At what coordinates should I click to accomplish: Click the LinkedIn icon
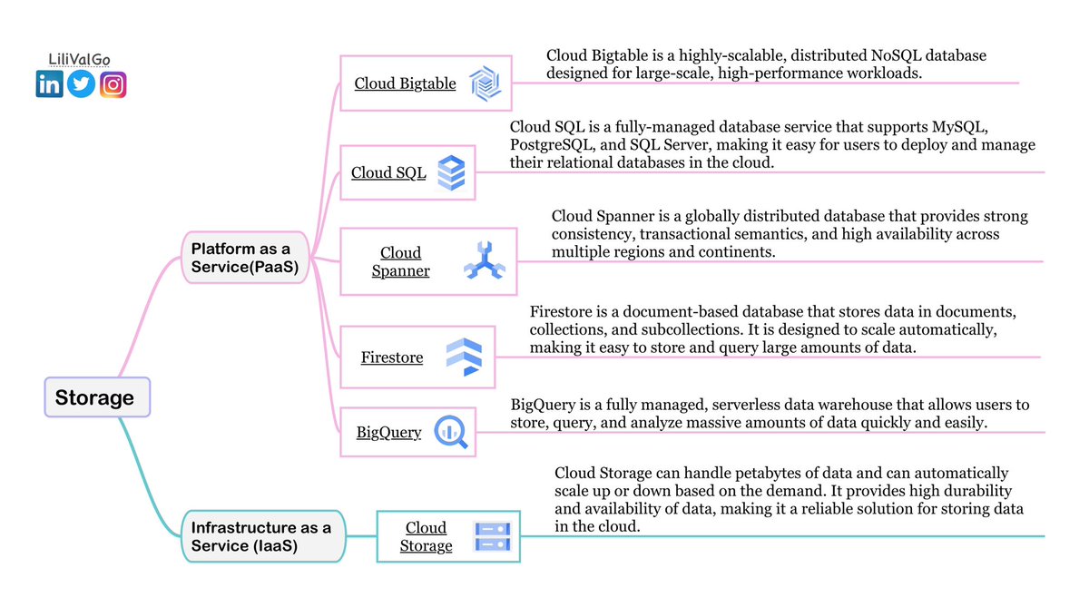(50, 83)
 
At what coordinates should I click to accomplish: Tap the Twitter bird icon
(81, 83)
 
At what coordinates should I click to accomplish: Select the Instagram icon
(113, 84)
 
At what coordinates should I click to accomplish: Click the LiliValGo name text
(79, 59)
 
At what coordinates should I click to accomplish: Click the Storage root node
(97, 397)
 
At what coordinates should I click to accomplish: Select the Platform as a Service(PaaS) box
(245, 258)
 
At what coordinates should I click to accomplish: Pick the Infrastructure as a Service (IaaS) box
(263, 536)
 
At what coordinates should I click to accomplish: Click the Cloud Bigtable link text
(405, 83)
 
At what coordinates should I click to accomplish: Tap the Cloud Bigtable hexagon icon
(486, 83)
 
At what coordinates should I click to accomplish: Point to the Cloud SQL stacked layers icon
(451, 172)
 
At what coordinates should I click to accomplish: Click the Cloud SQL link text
(388, 173)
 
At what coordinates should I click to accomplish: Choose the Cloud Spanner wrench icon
(485, 260)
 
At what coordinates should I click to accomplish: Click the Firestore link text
(392, 357)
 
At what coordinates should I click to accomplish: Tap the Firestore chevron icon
(465, 357)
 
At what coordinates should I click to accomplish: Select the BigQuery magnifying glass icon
(451, 432)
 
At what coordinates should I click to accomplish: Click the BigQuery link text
(389, 432)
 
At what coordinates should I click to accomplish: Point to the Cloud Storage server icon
(493, 536)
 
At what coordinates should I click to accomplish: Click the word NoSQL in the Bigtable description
(896, 55)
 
